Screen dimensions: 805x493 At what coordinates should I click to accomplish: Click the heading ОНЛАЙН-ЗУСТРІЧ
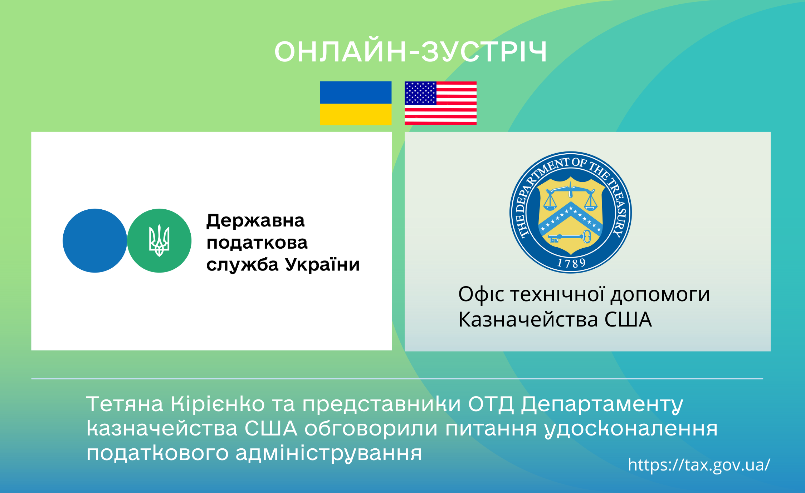[411, 51]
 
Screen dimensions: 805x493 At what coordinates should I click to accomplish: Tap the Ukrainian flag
[356, 103]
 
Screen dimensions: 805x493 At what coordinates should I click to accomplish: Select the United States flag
[440, 103]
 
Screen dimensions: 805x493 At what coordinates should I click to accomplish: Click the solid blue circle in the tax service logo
[95, 241]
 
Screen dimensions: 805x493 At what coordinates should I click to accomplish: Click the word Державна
[255, 221]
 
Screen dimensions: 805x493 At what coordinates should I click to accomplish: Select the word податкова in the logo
[257, 243]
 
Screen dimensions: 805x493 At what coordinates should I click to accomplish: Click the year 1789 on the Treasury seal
[571, 264]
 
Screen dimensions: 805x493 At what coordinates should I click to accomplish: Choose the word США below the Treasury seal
[628, 319]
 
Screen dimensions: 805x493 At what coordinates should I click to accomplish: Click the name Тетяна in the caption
[125, 404]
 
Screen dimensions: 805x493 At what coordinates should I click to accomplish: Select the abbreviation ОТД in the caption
[491, 405]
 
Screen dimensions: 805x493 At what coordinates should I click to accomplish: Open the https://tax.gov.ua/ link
[699, 465]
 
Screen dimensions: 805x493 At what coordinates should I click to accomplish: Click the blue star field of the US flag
[420, 93]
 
